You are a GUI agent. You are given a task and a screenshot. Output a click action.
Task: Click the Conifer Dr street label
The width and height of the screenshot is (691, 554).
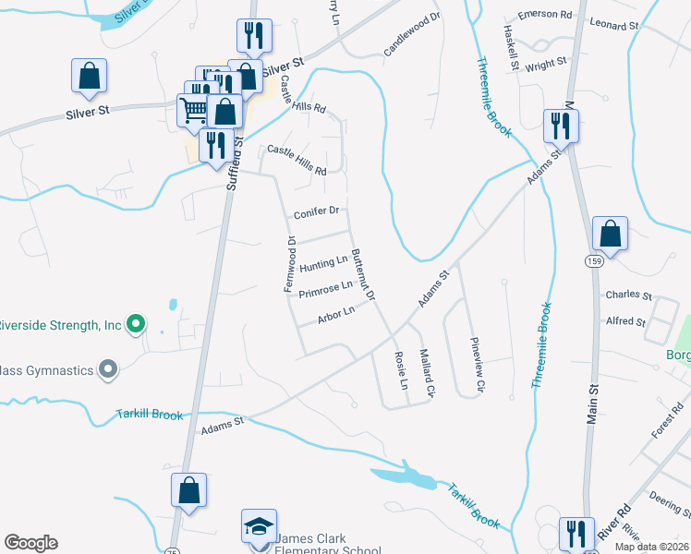317,211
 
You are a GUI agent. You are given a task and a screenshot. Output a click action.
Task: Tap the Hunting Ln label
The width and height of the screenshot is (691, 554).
323,263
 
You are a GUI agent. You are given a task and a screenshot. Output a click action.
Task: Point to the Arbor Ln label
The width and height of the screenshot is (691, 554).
335,316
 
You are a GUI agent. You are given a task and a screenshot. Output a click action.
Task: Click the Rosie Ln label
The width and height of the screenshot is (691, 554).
401,368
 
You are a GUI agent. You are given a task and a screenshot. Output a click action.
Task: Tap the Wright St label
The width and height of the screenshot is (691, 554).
545,65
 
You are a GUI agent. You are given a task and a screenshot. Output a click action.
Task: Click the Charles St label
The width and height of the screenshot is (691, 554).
628,296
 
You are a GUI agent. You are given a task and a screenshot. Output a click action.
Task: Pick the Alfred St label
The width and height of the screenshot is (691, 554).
625,321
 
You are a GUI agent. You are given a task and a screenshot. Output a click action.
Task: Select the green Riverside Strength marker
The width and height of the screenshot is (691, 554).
136,324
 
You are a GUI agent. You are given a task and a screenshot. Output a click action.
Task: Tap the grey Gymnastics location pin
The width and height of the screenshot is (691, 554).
108,370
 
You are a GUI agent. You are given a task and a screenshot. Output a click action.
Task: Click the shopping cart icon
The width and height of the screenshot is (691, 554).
193,110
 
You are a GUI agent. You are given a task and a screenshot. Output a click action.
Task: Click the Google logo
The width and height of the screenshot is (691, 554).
30,543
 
